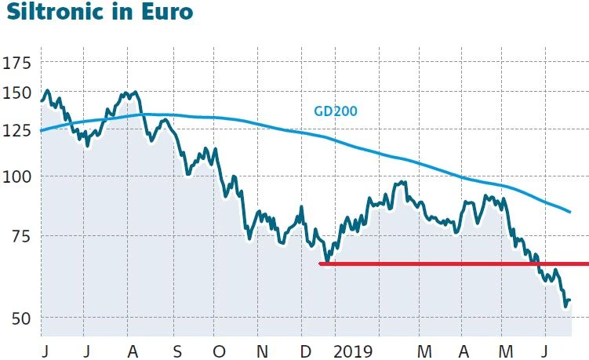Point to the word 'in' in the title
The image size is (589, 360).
point(125,14)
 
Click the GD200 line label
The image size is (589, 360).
point(335,111)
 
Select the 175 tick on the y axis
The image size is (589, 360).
point(20,64)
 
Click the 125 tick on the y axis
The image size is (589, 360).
point(20,130)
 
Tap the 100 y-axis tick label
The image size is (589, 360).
point(20,176)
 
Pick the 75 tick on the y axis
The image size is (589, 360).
point(24,235)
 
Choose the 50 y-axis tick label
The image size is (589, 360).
point(24,318)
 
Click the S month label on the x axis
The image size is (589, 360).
point(176,347)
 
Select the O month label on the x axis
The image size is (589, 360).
point(219,347)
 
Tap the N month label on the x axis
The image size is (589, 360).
point(263,347)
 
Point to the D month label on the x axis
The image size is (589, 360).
point(306,347)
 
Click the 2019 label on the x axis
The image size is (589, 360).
point(353,347)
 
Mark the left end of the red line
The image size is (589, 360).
point(320,264)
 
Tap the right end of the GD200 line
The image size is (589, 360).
point(569,212)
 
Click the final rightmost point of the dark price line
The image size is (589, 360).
point(570,300)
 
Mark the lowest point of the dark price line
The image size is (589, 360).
point(565,307)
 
